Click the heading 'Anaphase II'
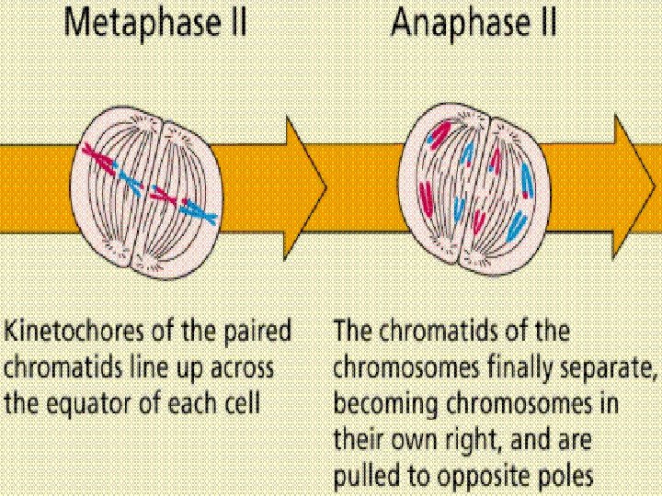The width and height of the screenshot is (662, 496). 474,23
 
